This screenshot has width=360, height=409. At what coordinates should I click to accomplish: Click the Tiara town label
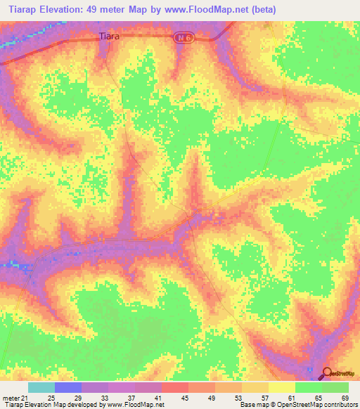[x=109, y=37]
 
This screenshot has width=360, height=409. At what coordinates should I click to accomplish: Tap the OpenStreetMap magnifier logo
[x=327, y=372]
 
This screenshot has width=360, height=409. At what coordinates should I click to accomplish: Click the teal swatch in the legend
[x=41, y=388]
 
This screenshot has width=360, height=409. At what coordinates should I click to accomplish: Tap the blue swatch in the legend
[x=68, y=388]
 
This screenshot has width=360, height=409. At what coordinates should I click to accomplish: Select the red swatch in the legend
[x=175, y=388]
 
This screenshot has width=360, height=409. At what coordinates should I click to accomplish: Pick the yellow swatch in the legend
[x=281, y=388]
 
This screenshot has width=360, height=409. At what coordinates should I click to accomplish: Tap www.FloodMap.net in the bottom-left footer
[x=135, y=405]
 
